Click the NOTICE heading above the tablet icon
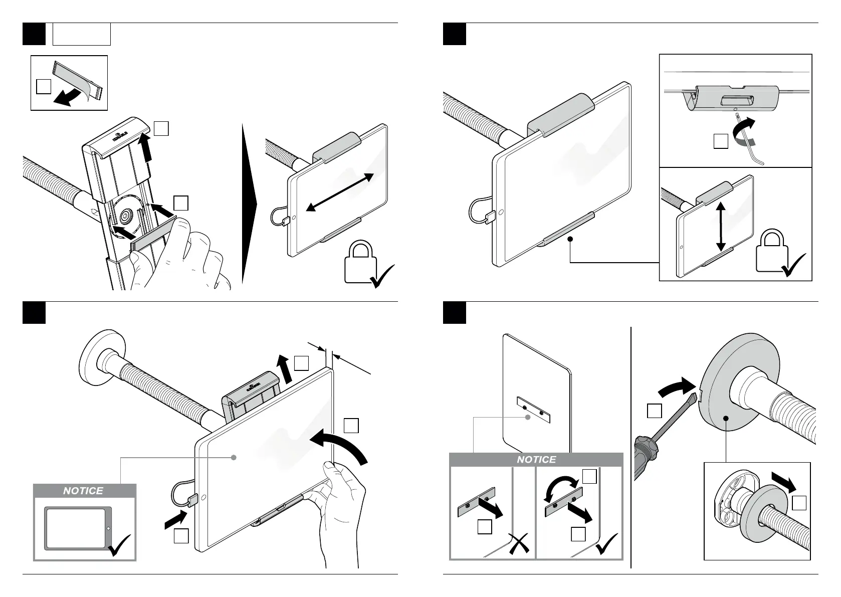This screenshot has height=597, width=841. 83,491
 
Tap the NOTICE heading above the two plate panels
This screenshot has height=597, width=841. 536,460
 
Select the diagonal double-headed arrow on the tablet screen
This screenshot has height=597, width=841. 340,192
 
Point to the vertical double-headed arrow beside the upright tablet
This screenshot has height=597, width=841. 721,226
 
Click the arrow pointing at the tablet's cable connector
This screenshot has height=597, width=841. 176,519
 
